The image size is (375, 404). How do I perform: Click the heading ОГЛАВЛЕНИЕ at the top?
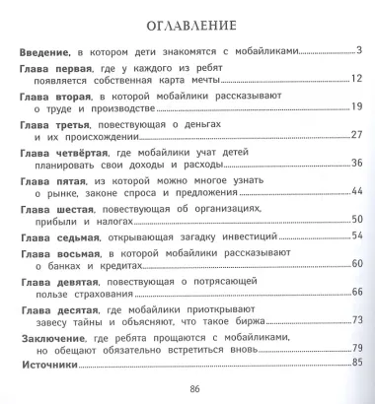point(187,23)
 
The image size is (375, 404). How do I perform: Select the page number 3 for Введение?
point(360,49)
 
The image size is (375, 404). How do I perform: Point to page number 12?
point(357,78)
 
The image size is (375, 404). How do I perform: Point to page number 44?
point(357,192)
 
